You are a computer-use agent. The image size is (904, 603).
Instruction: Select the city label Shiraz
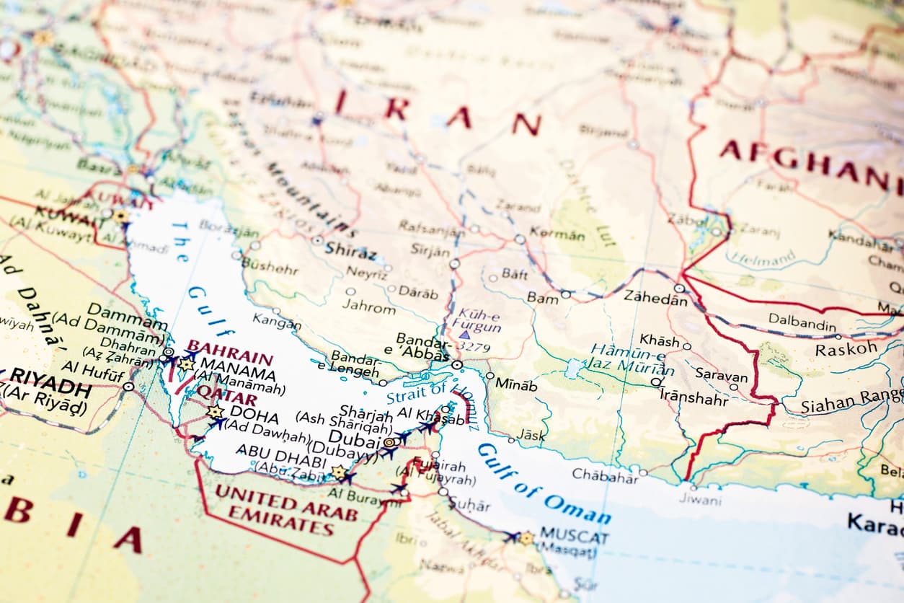350,252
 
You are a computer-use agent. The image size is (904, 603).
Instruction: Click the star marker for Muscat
526,538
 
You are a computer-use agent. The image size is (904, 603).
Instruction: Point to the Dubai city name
353,439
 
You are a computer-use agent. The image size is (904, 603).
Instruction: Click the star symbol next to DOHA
215,412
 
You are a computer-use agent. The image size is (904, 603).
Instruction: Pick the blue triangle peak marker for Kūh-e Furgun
464,335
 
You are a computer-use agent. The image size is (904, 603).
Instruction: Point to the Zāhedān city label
655,296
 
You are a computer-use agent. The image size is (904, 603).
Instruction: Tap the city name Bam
542,297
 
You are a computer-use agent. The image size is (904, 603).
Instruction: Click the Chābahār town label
605,475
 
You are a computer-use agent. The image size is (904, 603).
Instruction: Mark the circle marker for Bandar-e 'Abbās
457,365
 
